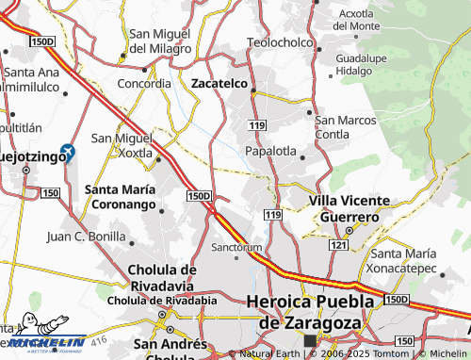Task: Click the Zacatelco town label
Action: click(x=219, y=84)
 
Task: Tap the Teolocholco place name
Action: click(x=278, y=42)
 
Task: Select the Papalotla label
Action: click(x=270, y=151)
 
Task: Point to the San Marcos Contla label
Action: click(x=346, y=126)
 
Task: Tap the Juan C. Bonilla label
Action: click(x=86, y=235)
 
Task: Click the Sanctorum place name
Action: click(x=235, y=248)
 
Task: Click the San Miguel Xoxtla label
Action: click(x=121, y=144)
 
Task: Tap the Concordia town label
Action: click(x=144, y=83)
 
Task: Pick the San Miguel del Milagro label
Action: click(x=159, y=41)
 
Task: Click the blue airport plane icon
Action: click(x=67, y=151)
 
